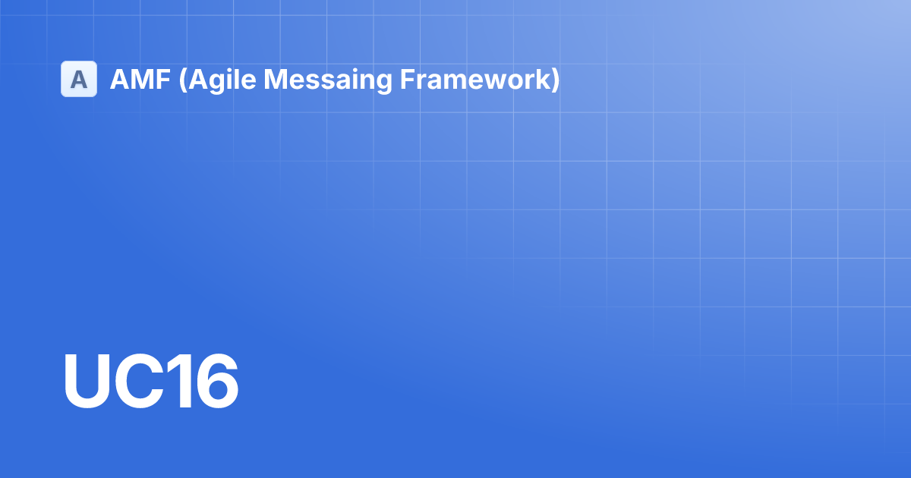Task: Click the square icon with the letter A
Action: [79, 79]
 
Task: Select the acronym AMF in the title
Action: [140, 79]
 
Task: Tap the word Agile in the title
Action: [222, 80]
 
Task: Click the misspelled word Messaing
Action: [328, 80]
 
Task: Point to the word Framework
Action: [476, 79]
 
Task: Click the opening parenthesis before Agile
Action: [183, 80]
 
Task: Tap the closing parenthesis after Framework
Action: [556, 80]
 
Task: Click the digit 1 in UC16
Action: [180, 381]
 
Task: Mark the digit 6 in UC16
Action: [217, 381]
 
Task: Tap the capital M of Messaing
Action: [276, 79]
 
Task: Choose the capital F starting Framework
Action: [408, 79]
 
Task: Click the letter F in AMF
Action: [163, 79]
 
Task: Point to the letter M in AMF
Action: [142, 79]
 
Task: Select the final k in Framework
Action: [544, 79]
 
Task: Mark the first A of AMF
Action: [119, 79]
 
